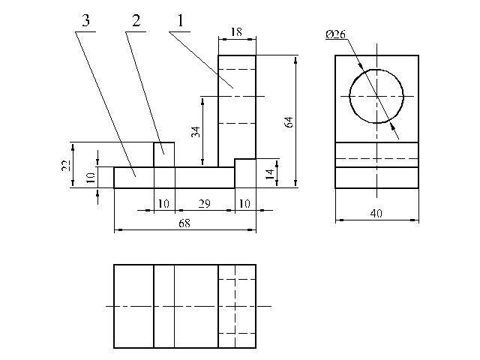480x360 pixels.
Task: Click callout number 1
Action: coord(180,21)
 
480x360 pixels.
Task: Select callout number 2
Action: coord(136,21)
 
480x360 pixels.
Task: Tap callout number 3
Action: coord(86,21)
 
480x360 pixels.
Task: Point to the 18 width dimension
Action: coord(237,31)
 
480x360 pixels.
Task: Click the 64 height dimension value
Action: coord(289,121)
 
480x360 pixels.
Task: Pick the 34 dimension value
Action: coord(196,132)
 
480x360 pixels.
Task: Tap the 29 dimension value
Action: coord(205,204)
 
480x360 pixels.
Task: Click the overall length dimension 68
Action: coord(184,223)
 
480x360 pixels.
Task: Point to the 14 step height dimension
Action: coord(270,174)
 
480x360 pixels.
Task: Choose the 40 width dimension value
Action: coord(376,213)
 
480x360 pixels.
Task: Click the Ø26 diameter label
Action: coord(335,34)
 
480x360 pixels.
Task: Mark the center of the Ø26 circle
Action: coord(376,96)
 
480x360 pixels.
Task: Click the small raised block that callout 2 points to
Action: coord(164,154)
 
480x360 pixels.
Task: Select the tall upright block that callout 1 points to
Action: coord(237,111)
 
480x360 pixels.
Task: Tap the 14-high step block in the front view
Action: coord(245,173)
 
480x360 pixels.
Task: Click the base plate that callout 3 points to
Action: coord(174,178)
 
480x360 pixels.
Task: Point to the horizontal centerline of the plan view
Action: coord(188,306)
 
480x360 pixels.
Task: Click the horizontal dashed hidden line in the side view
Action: coord(376,158)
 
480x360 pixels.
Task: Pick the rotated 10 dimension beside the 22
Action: coord(91,178)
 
